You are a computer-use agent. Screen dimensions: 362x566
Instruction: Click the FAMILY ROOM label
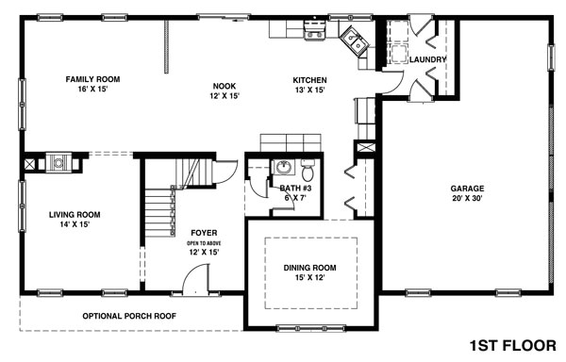tap(92, 79)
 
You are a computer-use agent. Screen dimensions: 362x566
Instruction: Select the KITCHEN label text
tap(309, 80)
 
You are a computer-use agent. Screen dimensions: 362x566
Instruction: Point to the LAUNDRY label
tap(427, 60)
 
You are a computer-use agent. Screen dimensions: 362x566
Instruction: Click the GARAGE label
tap(467, 188)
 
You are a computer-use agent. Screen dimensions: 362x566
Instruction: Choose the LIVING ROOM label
tap(75, 215)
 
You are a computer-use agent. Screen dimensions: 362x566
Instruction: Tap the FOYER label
tap(204, 232)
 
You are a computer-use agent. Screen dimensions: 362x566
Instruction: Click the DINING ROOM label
tap(310, 268)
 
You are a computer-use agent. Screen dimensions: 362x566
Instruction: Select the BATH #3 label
tap(294, 189)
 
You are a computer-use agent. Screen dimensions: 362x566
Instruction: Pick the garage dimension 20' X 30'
tap(467, 199)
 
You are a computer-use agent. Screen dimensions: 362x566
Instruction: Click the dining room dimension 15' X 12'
tap(310, 279)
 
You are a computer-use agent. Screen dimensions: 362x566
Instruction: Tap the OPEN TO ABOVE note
tap(204, 243)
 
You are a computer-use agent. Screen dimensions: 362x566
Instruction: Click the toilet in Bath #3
tap(308, 172)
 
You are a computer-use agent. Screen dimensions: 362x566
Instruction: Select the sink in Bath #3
tap(281, 168)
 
